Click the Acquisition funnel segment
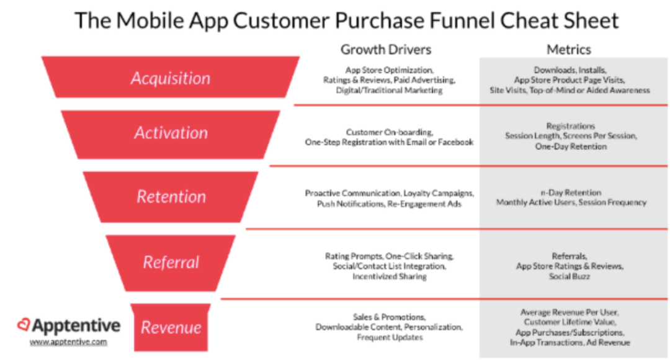pyautogui.click(x=171, y=78)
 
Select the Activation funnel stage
pyautogui.click(x=171, y=135)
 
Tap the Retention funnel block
pyautogui.click(x=171, y=197)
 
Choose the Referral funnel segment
pyautogui.click(x=171, y=263)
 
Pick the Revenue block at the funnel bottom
pyautogui.click(x=171, y=328)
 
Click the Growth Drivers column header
pyautogui.click(x=386, y=50)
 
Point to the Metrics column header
pyautogui.click(x=569, y=50)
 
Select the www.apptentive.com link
pyautogui.click(x=68, y=341)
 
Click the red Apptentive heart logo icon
pyautogui.click(x=24, y=325)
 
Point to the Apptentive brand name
pyautogui.click(x=76, y=326)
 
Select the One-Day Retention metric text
pyautogui.click(x=571, y=146)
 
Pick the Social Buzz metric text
pyautogui.click(x=569, y=276)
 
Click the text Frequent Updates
pyautogui.click(x=390, y=337)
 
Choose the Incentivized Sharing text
pyautogui.click(x=389, y=276)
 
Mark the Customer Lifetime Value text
pyautogui.click(x=569, y=322)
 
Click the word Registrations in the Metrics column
pyautogui.click(x=571, y=126)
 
